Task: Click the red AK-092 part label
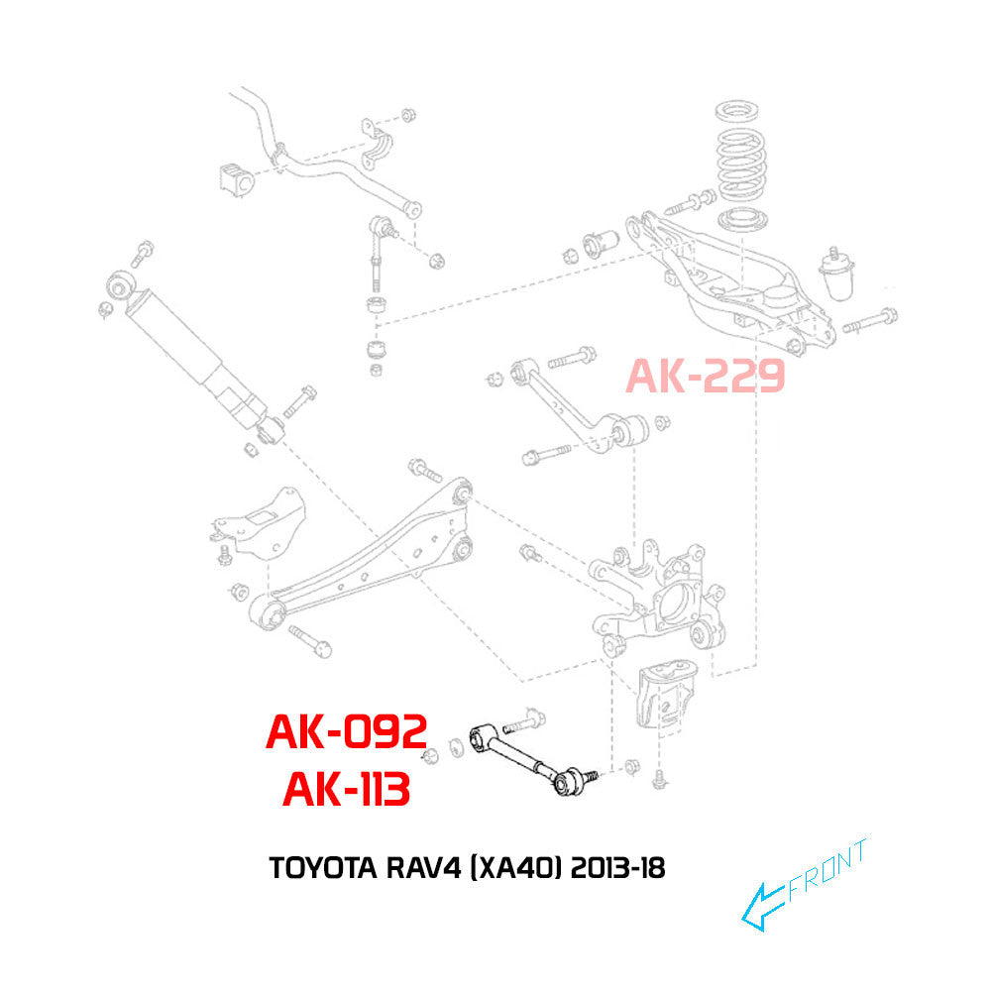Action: pos(346,732)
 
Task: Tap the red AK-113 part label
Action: pos(346,790)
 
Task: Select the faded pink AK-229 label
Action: pos(706,376)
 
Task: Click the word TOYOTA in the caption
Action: pos(323,868)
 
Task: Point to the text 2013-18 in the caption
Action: pos(618,868)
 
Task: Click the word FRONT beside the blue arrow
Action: pos(827,870)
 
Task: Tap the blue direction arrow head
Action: pos(758,909)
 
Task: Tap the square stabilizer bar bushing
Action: pos(238,178)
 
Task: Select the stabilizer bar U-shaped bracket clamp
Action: pos(376,143)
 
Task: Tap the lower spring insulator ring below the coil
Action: pos(743,219)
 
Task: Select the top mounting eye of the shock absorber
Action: pos(120,285)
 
